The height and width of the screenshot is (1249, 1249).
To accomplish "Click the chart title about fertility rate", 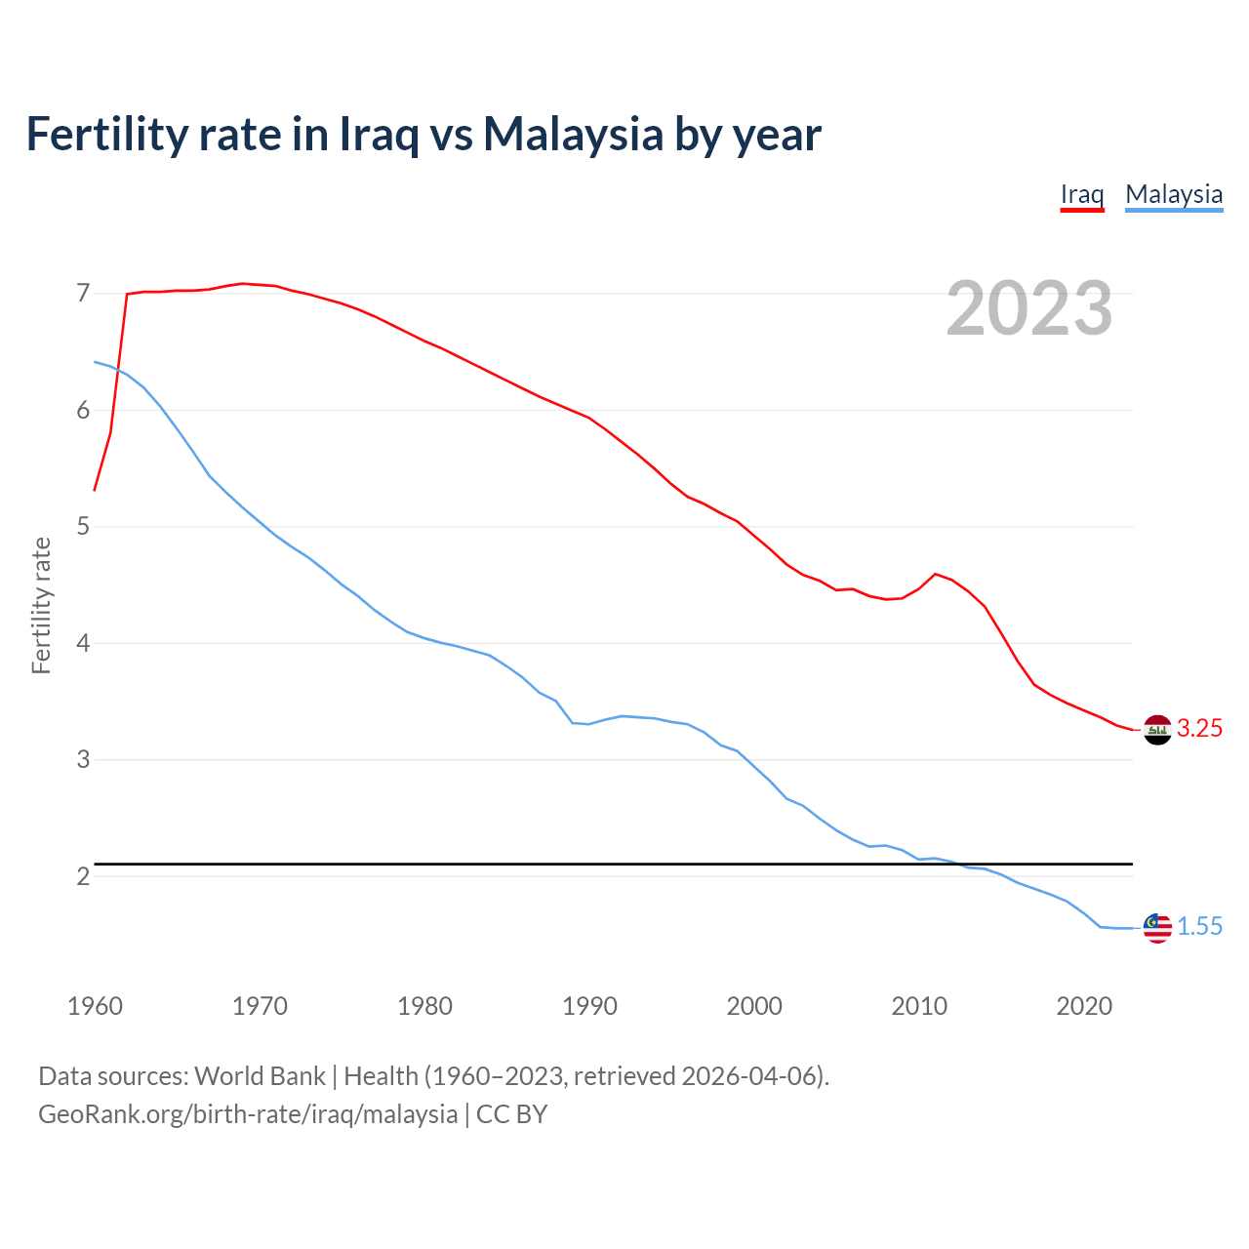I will tap(423, 135).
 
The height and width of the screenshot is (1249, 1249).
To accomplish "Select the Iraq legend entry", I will tap(1082, 194).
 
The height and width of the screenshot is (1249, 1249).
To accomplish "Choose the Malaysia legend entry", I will tap(1174, 194).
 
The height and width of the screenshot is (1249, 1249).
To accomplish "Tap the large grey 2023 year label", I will tap(1029, 308).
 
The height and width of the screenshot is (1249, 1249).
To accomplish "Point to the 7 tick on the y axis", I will tap(83, 294).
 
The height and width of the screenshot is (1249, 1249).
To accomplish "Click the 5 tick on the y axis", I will tap(83, 527).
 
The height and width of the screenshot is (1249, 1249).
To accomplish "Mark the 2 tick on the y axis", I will tap(83, 876).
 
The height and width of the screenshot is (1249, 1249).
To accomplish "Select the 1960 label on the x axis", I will tap(95, 1006).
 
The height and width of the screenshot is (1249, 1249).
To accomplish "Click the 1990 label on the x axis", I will tap(589, 1006).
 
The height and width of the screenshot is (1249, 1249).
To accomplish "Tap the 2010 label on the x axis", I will tap(919, 1006).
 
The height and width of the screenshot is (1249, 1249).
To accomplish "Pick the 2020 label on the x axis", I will tap(1084, 1006).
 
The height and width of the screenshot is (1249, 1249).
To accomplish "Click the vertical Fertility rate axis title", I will tap(41, 605).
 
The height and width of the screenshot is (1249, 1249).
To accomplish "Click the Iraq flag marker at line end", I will tap(1157, 730).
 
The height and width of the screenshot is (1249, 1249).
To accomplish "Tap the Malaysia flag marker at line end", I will tap(1157, 928).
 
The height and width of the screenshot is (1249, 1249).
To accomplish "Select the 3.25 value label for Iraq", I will tap(1199, 729).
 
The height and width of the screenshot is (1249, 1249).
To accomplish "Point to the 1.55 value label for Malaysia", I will tap(1199, 927).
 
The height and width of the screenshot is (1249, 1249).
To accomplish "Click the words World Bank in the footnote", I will tap(260, 1076).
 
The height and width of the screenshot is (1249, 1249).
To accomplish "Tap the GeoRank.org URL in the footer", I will tap(248, 1114).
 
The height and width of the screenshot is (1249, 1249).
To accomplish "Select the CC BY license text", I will tap(512, 1114).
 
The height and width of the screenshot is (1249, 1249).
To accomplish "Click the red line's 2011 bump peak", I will tap(936, 574).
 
